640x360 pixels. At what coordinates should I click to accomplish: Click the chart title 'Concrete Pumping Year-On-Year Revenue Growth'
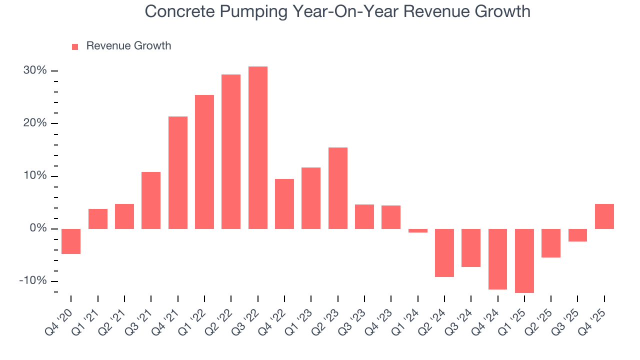coord(337,11)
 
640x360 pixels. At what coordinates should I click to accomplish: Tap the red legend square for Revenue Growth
coord(75,46)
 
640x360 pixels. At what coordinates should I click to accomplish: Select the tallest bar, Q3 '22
coord(257,147)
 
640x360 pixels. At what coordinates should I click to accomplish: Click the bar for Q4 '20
coord(71,241)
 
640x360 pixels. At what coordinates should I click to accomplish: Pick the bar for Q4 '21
coord(178,172)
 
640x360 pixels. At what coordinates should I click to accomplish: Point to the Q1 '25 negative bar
coord(524,260)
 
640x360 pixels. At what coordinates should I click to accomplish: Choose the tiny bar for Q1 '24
coord(417,230)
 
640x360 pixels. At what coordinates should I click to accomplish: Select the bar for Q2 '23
coord(337,188)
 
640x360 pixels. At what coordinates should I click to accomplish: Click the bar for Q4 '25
coord(604,216)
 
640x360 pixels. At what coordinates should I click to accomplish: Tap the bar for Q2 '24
coord(444,252)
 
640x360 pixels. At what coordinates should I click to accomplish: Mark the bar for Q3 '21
coord(151,200)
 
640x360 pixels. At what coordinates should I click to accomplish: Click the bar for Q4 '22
coord(284,203)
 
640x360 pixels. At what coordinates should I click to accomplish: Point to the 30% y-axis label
coord(35,70)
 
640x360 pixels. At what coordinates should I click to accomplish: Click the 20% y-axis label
coord(35,123)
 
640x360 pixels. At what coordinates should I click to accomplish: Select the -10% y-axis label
coord(33,281)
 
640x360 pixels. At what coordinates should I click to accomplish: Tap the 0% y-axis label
coord(37,228)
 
